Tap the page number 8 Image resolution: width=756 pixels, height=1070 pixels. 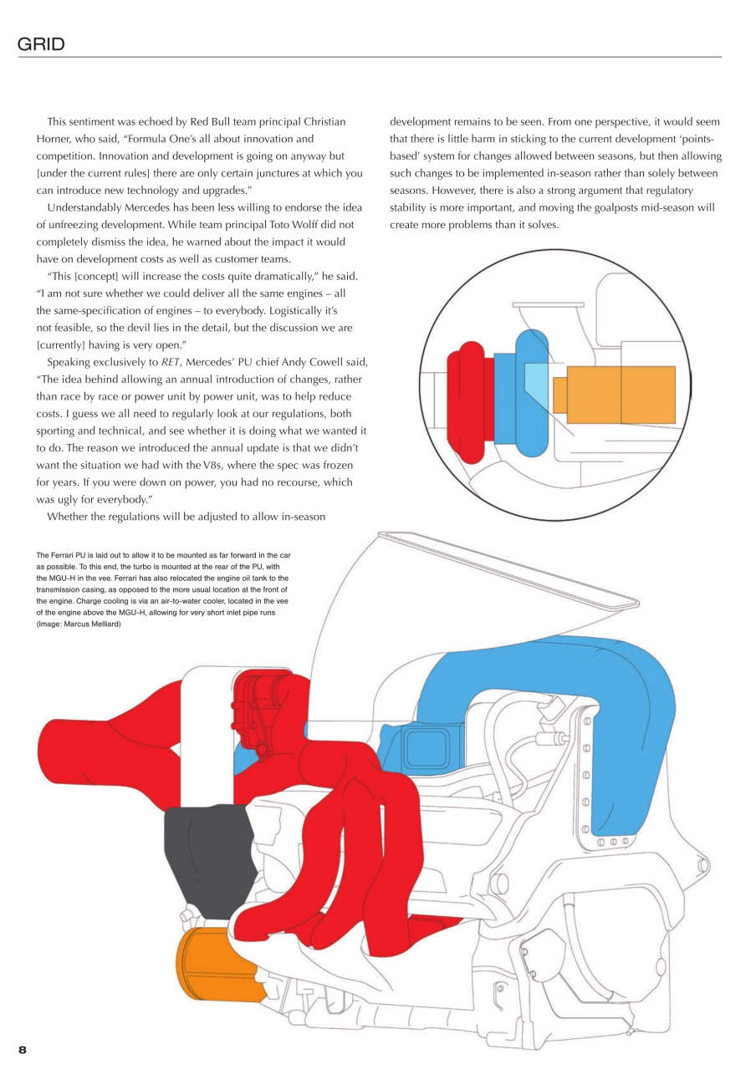click(x=23, y=1049)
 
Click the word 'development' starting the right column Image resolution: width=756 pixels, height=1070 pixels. click(x=421, y=121)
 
